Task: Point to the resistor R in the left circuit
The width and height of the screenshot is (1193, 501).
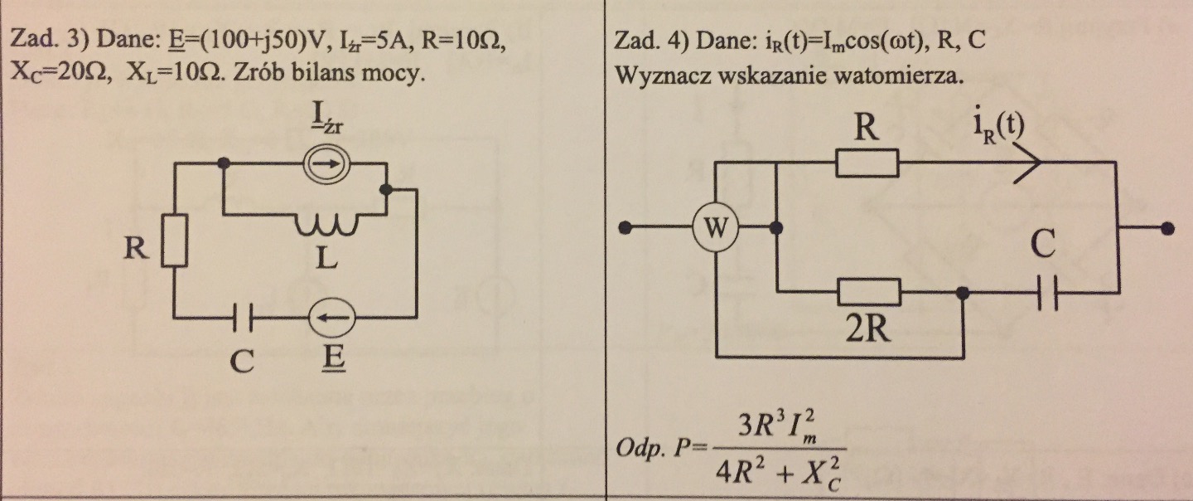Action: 174,241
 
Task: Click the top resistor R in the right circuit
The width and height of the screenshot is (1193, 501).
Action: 867,163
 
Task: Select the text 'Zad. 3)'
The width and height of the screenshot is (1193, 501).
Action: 37,41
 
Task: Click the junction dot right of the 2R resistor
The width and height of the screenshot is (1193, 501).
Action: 963,293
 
